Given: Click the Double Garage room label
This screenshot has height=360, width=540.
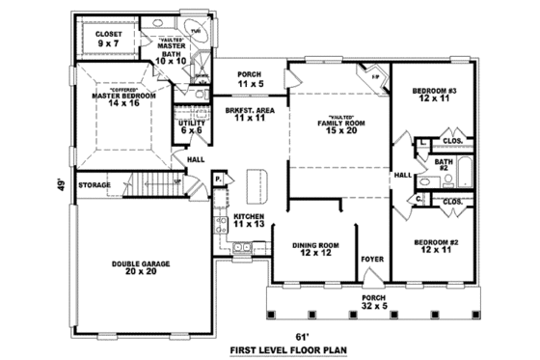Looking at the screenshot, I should click(x=141, y=267).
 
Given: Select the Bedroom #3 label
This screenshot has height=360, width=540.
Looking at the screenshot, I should click(x=433, y=96).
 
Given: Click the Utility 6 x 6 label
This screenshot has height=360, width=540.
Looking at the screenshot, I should click(x=189, y=127).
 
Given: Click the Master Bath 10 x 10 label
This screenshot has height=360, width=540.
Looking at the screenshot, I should click(x=170, y=52).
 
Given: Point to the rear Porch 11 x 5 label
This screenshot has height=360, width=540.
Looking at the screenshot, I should click(x=250, y=80).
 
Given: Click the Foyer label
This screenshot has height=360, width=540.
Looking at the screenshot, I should click(x=371, y=260).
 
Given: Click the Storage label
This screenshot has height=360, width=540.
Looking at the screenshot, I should click(x=94, y=184).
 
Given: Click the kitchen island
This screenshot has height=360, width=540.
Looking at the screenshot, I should click(x=258, y=181).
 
